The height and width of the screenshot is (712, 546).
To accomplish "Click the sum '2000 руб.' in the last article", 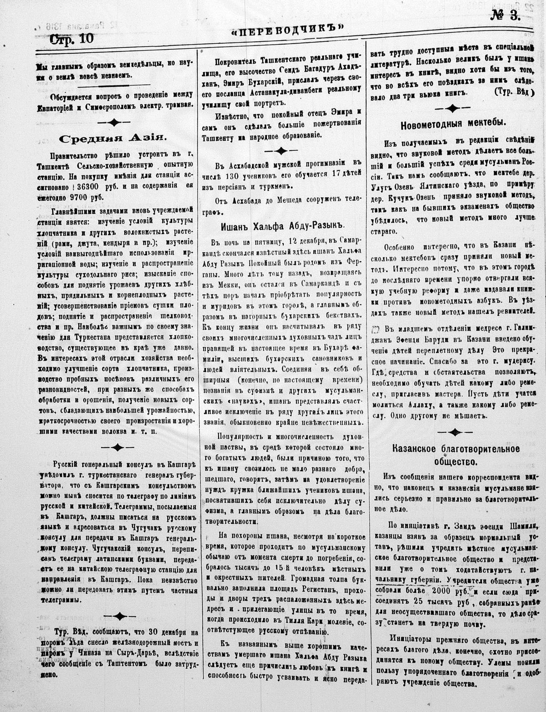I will point(456,592).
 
